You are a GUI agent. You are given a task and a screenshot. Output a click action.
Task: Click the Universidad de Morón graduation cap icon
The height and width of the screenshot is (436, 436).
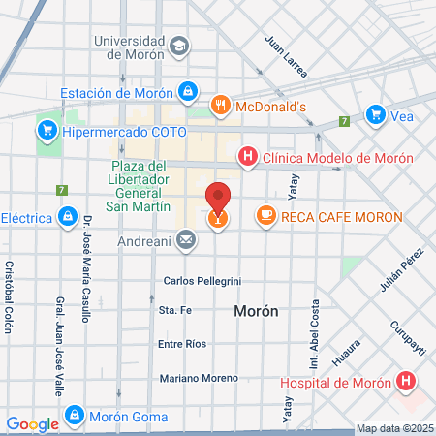coord(180,46)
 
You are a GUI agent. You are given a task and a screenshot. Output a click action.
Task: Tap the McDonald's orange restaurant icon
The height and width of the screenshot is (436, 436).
coord(221,106)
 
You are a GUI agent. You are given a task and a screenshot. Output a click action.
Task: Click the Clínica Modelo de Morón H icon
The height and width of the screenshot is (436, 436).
coord(248,157)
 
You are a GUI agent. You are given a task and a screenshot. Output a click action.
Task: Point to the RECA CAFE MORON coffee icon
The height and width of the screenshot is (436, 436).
coord(265,215)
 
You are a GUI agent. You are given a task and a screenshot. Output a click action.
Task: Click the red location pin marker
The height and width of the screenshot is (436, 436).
coord(219,200)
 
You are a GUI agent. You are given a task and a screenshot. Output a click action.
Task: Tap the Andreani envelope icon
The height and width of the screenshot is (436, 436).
coord(185,238)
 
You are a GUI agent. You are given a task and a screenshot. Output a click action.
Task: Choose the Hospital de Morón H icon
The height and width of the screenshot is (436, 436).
coord(406,382)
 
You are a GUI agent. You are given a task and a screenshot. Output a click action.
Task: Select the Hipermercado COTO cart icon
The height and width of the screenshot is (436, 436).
coord(46,129)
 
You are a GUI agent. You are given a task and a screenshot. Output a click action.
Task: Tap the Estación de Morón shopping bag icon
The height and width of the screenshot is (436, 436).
coord(188,94)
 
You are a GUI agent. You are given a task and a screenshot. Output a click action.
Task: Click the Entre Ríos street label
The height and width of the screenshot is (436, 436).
coord(183,345)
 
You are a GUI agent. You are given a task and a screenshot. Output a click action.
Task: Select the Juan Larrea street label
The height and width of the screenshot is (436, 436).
coord(287,56)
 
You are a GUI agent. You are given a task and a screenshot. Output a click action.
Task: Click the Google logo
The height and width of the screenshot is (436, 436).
coord(32,423)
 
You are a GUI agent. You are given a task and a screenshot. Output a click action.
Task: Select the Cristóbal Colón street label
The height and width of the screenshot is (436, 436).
coord(10,296)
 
